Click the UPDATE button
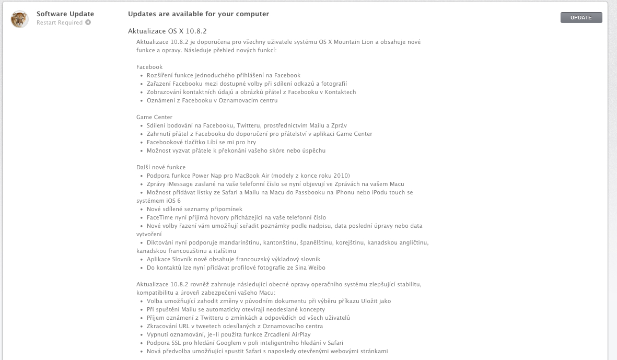click(581, 18)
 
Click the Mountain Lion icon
click(20, 19)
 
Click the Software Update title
click(65, 14)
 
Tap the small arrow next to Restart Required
click(88, 22)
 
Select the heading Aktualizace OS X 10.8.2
click(167, 31)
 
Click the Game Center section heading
click(154, 117)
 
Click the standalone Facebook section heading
click(149, 67)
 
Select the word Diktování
click(161, 242)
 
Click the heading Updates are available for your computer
click(199, 14)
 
